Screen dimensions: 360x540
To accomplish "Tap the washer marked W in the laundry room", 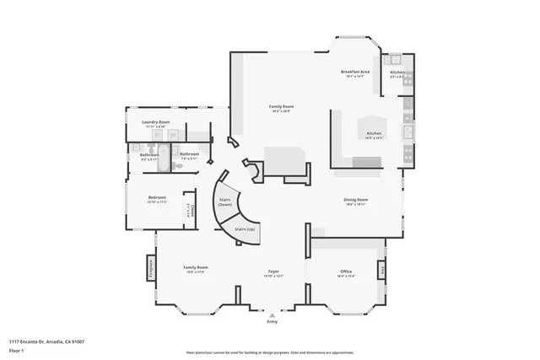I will tap(157, 135).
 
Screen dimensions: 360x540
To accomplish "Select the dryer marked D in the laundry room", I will tap(173, 135).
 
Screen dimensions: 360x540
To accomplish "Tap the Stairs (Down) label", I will tap(225, 202).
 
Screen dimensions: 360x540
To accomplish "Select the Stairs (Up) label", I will tap(245, 228).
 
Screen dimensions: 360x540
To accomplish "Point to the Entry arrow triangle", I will tap(272, 314).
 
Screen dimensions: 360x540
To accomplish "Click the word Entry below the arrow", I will tap(272, 322).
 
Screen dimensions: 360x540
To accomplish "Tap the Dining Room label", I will tap(356, 200).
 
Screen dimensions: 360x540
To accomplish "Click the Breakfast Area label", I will tap(355, 72).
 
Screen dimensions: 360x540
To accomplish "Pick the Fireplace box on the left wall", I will tap(152, 266).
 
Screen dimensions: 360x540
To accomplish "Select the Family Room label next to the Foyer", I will tap(197, 267).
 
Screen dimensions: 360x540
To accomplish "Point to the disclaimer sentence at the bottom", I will tap(270, 352).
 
